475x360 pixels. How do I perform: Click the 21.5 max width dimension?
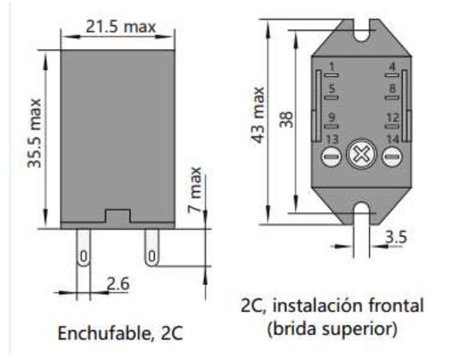pyautogui.click(x=120, y=27)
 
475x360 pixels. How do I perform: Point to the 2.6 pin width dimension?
pyautogui.click(x=118, y=283)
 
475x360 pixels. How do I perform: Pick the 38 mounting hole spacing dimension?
pyautogui.click(x=286, y=118)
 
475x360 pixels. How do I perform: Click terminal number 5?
pyautogui.click(x=332, y=89)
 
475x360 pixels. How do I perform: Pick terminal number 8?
pyautogui.click(x=391, y=89)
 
